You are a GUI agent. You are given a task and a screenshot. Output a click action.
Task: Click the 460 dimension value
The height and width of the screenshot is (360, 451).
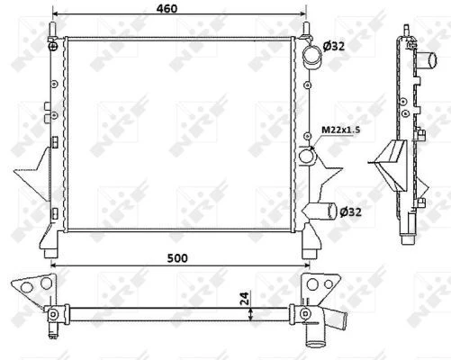pyautogui.click(x=167, y=9)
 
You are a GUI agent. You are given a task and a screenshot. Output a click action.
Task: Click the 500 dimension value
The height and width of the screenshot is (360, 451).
pyautogui.click(x=177, y=258)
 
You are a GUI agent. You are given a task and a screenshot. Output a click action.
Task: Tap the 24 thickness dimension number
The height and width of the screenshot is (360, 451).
pyautogui.click(x=245, y=298)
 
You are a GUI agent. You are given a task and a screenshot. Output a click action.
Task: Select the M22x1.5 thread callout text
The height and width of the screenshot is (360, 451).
pyautogui.click(x=341, y=130)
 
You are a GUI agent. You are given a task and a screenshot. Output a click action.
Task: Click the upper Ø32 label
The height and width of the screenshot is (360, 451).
pyautogui.click(x=334, y=46)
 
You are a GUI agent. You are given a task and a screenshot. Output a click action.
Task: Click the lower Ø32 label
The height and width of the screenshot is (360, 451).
pyautogui.click(x=350, y=212)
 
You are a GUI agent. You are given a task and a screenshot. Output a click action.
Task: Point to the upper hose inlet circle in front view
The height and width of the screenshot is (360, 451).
pyautogui.click(x=312, y=55)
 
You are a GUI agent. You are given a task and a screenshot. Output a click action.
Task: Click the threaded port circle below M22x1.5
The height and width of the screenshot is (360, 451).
pyautogui.click(x=307, y=156)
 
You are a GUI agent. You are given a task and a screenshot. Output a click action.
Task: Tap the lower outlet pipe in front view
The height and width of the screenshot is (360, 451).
pyautogui.click(x=321, y=211)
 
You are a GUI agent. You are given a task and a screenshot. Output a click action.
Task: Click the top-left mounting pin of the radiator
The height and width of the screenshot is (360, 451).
pyautogui.click(x=53, y=30)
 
